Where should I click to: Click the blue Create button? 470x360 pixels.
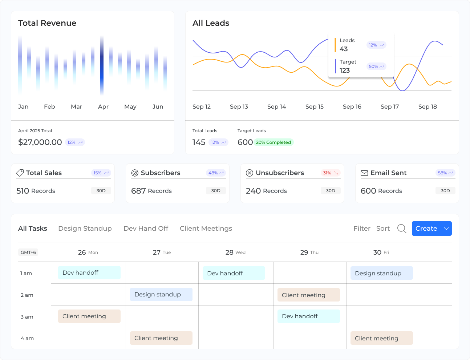click(426, 228)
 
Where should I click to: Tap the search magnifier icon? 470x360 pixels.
click(402, 228)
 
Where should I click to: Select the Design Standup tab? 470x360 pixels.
click(85, 228)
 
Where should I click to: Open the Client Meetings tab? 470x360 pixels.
click(206, 228)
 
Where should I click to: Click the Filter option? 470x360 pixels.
click(362, 228)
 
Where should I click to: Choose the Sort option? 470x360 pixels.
click(383, 228)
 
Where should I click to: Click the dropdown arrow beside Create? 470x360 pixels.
click(446, 228)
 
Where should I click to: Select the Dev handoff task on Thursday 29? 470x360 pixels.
click(309, 316)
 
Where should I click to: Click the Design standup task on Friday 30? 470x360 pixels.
click(381, 273)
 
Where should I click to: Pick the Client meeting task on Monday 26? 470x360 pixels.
click(89, 316)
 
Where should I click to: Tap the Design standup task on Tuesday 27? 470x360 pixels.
click(161, 295)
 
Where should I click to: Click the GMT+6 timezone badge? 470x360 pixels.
click(28, 252)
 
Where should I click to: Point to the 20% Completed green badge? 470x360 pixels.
click(274, 142)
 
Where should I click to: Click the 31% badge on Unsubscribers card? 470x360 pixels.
click(331, 173)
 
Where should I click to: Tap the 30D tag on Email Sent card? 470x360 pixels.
click(445, 191)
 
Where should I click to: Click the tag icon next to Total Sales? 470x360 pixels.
click(20, 173)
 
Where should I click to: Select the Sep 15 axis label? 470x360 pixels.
click(314, 107)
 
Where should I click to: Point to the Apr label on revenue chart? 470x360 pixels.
click(103, 107)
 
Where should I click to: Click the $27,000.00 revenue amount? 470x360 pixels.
click(40, 142)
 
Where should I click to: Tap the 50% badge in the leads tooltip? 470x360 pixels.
click(376, 66)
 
